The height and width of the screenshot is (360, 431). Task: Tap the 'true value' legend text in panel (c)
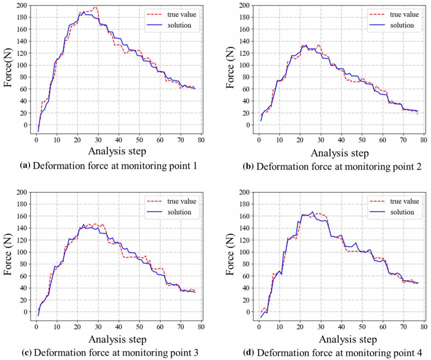pos(179,201)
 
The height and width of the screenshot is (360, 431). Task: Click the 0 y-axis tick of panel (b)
pos(249,125)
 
